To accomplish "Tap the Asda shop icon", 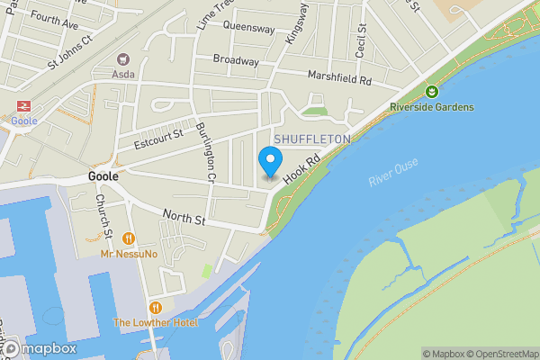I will [x=121, y=58].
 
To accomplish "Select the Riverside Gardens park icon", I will [x=432, y=91].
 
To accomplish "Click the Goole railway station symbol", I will [x=19, y=105].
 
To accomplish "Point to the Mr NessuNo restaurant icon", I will [x=130, y=238].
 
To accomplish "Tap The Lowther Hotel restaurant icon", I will [x=157, y=307].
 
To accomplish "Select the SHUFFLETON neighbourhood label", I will [x=312, y=139].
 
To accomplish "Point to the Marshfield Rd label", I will [x=339, y=78].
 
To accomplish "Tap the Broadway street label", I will [x=236, y=60].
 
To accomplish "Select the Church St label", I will [x=103, y=217].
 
